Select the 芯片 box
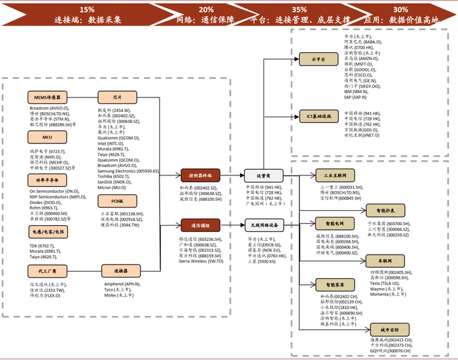117,97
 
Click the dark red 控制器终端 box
200,175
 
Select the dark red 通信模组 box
200,225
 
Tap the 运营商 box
264,175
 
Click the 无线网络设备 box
264,225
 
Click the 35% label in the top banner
300,10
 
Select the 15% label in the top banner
86,10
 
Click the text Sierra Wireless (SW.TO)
202,261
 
